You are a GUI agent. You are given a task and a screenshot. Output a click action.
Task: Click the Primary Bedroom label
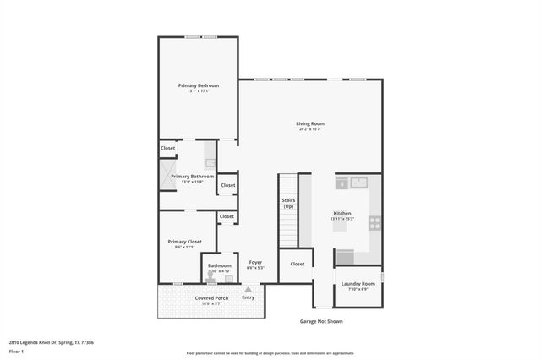[198, 85]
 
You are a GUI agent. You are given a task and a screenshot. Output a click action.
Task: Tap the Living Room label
[311, 123]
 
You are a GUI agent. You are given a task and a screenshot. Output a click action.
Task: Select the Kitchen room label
[342, 213]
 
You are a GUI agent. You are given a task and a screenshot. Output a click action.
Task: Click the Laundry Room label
[358, 284]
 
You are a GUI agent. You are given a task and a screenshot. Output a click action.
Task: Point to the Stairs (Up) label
[288, 204]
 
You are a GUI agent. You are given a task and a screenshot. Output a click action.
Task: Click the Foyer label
[255, 262]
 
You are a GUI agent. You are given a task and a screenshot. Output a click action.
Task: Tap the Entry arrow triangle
[248, 289]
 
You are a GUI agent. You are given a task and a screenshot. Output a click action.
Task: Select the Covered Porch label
[211, 298]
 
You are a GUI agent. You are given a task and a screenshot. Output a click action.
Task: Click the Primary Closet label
[184, 242]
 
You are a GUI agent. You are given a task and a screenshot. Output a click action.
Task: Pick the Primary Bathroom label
[186, 177]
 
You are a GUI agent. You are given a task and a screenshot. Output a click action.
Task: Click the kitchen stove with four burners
[374, 224]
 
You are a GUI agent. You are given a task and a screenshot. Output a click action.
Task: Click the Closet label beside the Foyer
[297, 264]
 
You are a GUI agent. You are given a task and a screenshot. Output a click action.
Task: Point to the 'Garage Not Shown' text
[321, 321]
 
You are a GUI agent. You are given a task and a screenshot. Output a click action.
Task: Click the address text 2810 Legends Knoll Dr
[51, 342]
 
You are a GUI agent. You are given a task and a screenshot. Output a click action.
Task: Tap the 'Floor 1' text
[16, 351]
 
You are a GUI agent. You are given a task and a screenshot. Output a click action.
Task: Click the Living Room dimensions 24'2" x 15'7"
[311, 129]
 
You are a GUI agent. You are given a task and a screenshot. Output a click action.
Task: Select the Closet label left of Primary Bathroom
[168, 148]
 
